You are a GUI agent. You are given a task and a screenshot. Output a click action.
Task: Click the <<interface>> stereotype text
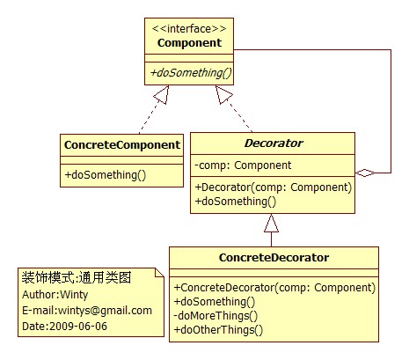[189, 29]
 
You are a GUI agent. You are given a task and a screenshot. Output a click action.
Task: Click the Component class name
[189, 43]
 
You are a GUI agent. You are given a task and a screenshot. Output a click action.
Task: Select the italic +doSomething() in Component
[191, 73]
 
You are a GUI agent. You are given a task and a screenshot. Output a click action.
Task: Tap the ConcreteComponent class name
[122, 145]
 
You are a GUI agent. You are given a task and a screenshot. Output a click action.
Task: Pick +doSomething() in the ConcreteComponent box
[106, 175]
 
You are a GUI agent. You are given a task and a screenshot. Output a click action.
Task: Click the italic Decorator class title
[274, 143]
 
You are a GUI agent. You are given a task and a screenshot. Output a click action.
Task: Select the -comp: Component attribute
[243, 165]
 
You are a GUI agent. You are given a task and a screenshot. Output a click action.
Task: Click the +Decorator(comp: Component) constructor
[274, 187]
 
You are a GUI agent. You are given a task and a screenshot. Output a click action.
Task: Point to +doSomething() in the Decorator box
[236, 202]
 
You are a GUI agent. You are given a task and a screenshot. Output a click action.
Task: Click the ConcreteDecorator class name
[274, 258]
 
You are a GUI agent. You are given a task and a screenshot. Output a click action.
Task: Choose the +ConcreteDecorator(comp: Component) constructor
[274, 288]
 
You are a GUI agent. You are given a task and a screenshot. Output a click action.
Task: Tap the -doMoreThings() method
[215, 316]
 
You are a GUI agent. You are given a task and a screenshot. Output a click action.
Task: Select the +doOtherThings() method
[218, 330]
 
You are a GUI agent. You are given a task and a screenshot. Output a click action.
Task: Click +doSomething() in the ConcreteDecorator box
[215, 302]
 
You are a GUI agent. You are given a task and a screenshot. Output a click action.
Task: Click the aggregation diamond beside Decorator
[365, 173]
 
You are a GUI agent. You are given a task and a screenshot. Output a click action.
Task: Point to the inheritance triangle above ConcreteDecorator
[271, 223]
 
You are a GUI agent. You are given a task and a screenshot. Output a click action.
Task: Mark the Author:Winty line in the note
[55, 295]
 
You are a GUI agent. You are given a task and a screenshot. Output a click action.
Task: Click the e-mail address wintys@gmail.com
[105, 311]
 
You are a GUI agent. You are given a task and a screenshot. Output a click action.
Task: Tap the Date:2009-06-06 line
[64, 327]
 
